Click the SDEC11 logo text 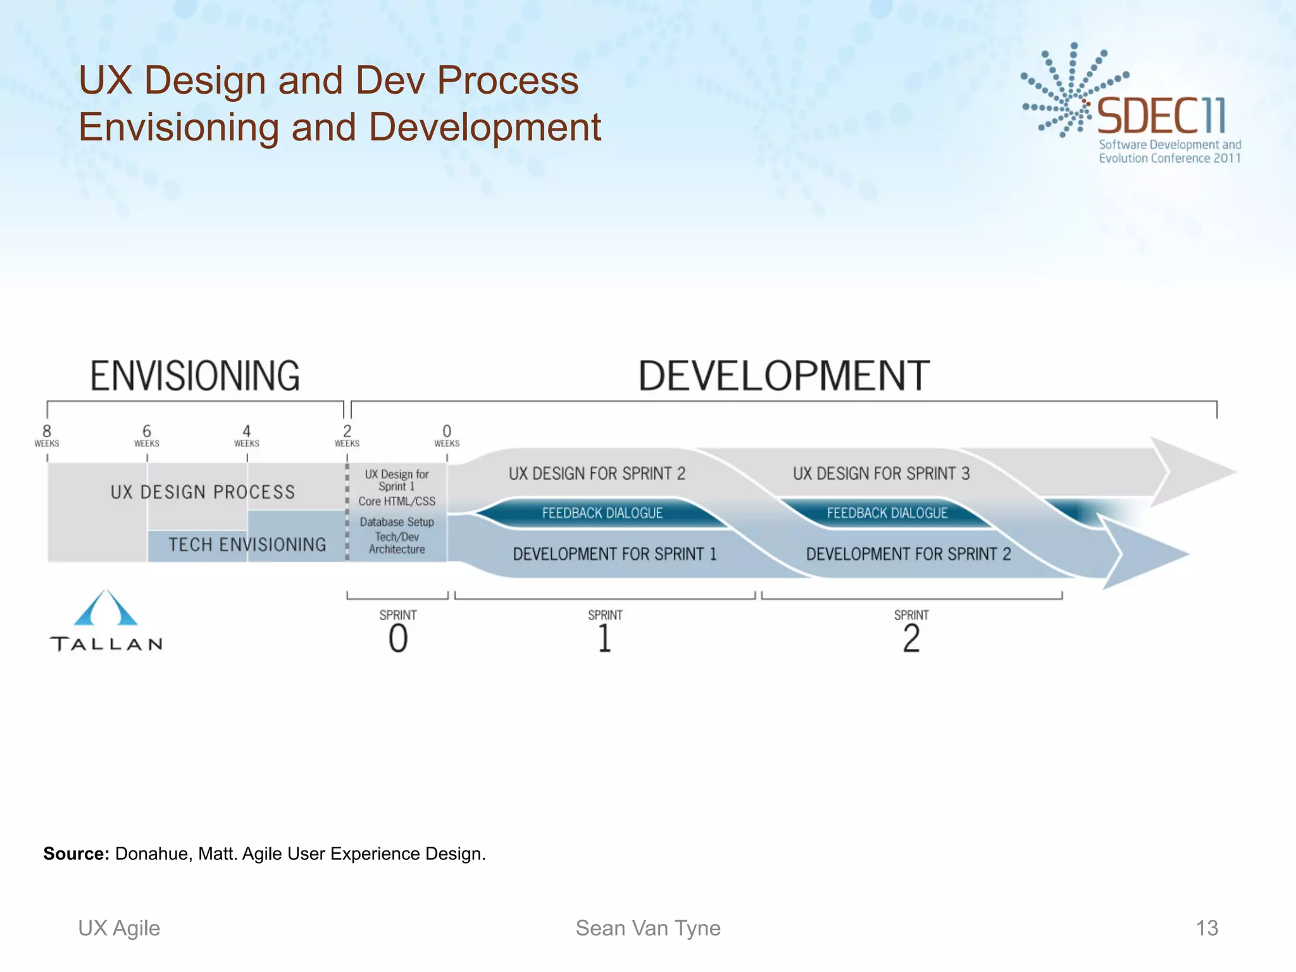coord(1161,116)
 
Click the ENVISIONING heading coord(195,376)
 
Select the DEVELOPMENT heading coord(783,376)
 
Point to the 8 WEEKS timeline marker coord(47,435)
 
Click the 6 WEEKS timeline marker coord(147,435)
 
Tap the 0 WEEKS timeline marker coord(447,435)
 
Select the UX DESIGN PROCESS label coord(202,492)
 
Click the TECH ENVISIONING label coord(247,545)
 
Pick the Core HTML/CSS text coord(397,501)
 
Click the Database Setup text coord(397,522)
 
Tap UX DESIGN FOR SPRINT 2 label coord(597,474)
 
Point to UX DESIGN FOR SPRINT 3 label coord(881,474)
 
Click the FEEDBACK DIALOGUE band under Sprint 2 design coord(602,513)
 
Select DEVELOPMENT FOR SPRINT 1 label coord(614,554)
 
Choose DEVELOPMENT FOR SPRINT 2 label coord(908,554)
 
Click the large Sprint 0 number coord(398,639)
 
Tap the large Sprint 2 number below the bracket coord(911,639)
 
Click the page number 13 coord(1207,928)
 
